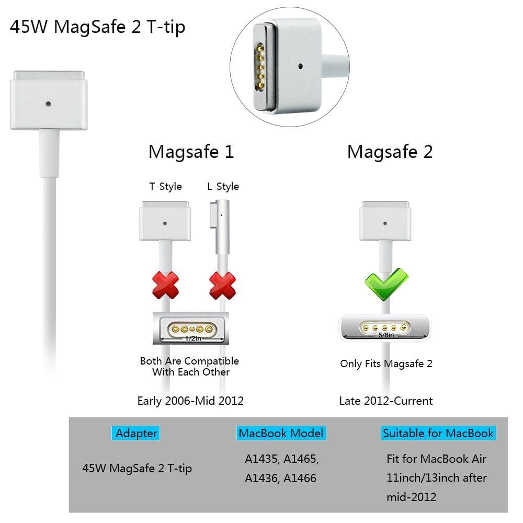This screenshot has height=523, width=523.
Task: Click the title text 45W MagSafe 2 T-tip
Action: pos(97,27)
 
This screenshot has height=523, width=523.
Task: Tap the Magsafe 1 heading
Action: pos(191,152)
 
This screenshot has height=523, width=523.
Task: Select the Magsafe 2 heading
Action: pos(390,152)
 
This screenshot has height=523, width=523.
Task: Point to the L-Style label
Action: pos(223,187)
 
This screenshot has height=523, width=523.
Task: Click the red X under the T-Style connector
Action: pos(165,286)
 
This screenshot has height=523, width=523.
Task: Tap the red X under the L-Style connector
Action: pos(222,286)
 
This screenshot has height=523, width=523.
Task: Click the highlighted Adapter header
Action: pos(137,433)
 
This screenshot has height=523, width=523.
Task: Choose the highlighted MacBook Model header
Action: pos(281,433)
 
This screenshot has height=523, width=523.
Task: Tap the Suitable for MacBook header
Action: pos(438,433)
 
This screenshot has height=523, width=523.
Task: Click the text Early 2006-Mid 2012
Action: pos(190,401)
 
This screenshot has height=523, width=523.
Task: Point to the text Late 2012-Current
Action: pos(386,401)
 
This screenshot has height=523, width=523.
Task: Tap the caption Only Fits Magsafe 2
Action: pos(386,363)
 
